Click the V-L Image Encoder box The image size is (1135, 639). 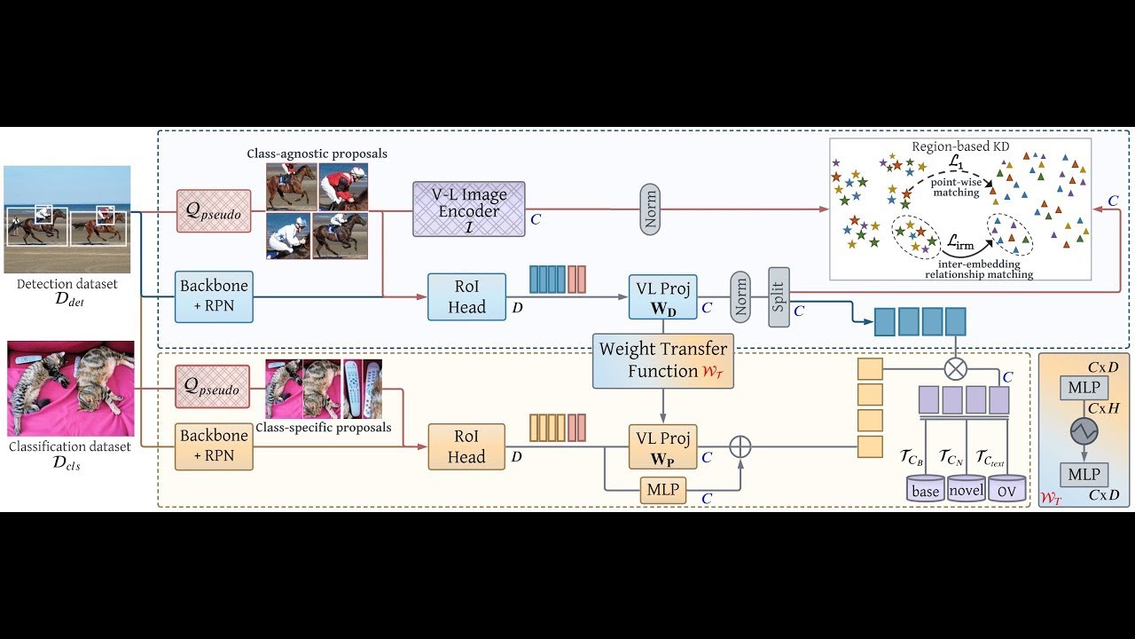tap(469, 209)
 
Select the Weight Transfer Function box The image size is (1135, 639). tap(663, 359)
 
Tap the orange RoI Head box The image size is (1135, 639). tap(466, 446)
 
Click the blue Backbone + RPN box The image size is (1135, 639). tap(214, 296)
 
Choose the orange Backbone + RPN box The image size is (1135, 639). tap(214, 446)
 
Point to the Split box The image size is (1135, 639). tap(779, 296)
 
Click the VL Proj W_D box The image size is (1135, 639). tap(663, 296)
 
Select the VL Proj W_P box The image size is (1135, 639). tap(663, 446)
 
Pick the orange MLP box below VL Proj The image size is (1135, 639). tap(663, 489)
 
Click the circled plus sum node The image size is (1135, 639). tap(740, 446)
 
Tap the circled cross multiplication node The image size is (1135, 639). tap(955, 367)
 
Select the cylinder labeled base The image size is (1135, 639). tap(925, 489)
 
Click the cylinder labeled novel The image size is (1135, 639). tap(967, 489)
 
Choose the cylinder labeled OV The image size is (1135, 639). tap(1006, 489)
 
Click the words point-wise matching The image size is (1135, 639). tap(955, 186)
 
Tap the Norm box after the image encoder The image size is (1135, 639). tap(650, 209)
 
